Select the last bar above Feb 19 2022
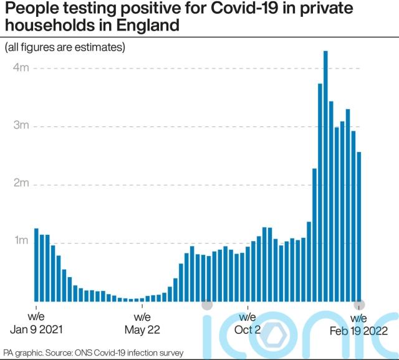(359, 227)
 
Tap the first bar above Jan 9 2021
(36, 265)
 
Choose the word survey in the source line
(170, 353)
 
